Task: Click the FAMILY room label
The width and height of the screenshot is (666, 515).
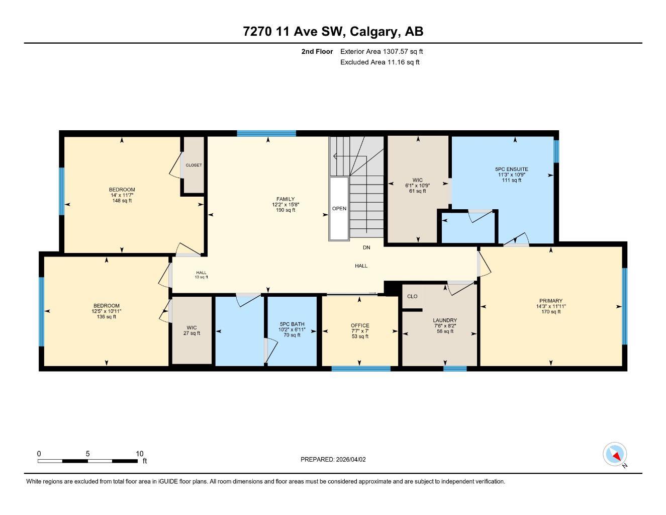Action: (286, 199)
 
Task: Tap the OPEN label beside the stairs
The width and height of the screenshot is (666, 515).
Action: (339, 208)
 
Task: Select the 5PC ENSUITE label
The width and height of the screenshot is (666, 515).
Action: (512, 169)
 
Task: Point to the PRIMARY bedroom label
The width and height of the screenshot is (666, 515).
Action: (551, 301)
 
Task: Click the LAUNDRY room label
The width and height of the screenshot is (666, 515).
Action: (445, 320)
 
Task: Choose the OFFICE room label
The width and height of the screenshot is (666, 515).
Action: (360, 325)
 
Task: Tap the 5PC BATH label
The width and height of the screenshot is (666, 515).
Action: (292, 324)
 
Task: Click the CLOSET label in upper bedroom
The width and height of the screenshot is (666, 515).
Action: (194, 165)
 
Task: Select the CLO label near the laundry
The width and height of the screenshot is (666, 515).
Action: (412, 296)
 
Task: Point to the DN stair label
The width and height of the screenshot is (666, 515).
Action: (366, 247)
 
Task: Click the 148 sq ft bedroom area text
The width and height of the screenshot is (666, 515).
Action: (122, 201)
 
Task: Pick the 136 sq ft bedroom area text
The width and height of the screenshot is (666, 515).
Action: (107, 317)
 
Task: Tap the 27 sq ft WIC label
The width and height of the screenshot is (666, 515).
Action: (192, 333)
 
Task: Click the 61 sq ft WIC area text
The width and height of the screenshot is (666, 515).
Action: (417, 191)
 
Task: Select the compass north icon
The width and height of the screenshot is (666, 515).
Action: (615, 455)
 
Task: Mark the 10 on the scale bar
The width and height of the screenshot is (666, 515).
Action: (140, 454)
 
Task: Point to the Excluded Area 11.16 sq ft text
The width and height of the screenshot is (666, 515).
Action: (379, 62)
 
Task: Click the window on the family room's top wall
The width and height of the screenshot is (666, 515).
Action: (266, 133)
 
